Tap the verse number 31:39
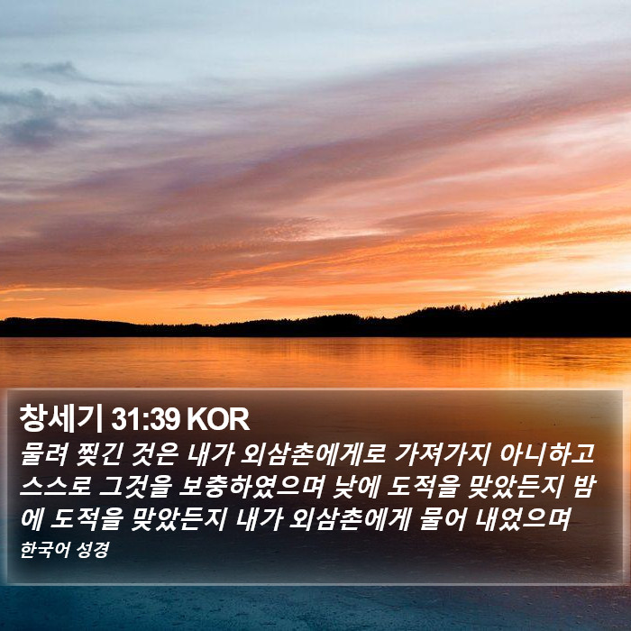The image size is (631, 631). click(x=145, y=420)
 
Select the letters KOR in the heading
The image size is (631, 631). click(x=218, y=420)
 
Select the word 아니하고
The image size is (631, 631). click(x=547, y=454)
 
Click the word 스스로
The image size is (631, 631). click(x=56, y=487)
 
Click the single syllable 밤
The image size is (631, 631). click(x=583, y=487)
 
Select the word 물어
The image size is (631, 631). click(x=443, y=519)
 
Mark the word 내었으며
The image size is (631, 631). click(x=523, y=519)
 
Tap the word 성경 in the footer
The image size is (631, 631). click(x=93, y=550)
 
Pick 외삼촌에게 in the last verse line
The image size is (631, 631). click(x=350, y=519)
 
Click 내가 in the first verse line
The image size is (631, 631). click(x=210, y=454)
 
